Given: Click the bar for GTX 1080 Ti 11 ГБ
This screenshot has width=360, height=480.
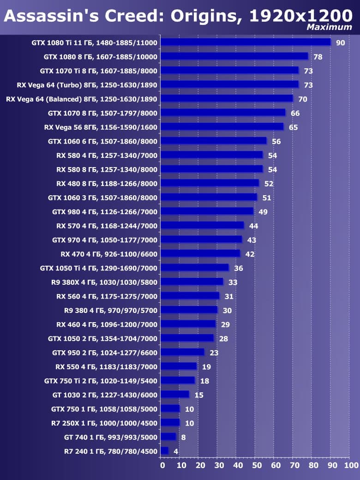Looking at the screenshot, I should (246, 42).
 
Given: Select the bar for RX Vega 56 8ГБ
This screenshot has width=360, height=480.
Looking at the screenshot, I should (222, 127).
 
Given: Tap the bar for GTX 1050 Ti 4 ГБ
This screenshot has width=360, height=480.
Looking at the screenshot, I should (195, 268).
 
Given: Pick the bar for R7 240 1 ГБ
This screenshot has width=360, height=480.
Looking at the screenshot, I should (165, 451).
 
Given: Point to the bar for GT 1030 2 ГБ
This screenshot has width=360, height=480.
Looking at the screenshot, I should (175, 395).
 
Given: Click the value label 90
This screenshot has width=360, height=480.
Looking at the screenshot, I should (341, 43).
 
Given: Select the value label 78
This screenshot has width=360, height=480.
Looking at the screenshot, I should (318, 57).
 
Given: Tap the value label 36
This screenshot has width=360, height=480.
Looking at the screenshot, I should (238, 268).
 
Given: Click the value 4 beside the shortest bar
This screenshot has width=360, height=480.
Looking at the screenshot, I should (176, 451).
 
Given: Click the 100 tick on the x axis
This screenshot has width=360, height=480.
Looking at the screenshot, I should (352, 465).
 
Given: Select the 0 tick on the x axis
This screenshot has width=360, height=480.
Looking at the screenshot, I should (162, 465).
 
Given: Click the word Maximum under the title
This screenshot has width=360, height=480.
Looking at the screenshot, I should (329, 27).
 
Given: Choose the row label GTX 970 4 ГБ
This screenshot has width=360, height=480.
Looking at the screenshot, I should (104, 240).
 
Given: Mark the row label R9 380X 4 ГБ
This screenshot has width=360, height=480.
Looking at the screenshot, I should (104, 282).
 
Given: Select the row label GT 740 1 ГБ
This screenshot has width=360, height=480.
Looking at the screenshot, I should (111, 437).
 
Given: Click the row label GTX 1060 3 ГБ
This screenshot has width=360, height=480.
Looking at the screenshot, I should (102, 198).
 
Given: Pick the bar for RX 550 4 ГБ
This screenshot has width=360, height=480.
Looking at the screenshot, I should (179, 366).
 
